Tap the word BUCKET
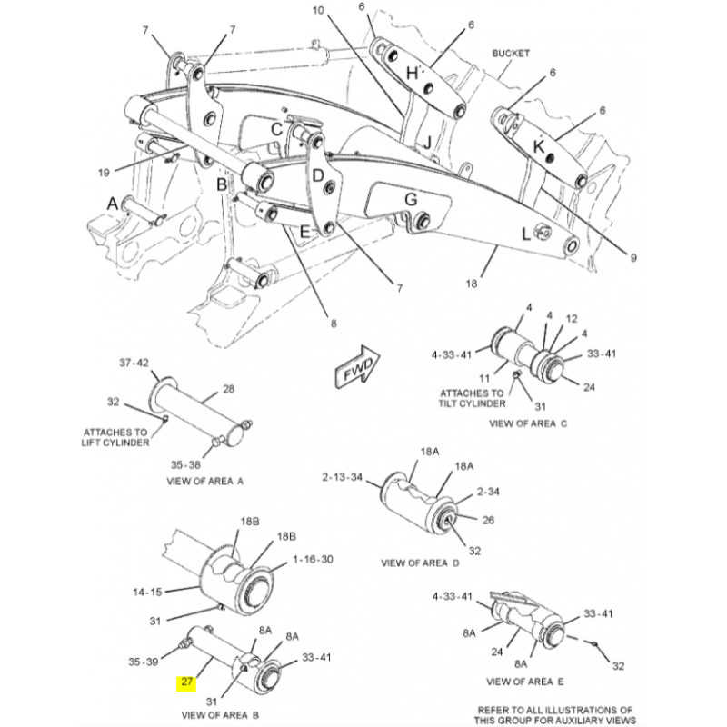click(510, 54)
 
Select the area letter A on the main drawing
click(113, 204)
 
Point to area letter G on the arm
click(411, 198)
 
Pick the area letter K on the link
click(539, 146)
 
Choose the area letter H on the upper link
click(413, 73)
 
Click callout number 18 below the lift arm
click(471, 284)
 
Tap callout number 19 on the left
click(104, 171)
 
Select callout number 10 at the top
click(317, 11)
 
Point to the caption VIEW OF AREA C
click(527, 423)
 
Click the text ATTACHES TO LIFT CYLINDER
click(115, 439)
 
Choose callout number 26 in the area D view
click(488, 520)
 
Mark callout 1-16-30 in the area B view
click(314, 559)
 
